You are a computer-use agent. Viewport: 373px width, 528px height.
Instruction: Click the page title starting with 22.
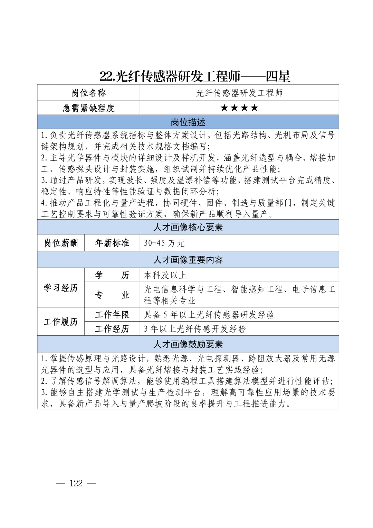(195, 76)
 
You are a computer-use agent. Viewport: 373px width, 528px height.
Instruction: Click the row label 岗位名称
(88, 93)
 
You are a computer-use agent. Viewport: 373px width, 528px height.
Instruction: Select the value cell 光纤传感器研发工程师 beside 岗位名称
(239, 93)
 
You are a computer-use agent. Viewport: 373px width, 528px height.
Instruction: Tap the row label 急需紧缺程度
(88, 108)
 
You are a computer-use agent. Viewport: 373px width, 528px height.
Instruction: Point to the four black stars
(239, 108)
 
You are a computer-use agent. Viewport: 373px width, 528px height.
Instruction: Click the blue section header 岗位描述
(188, 122)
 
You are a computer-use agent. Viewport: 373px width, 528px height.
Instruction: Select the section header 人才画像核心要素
(188, 228)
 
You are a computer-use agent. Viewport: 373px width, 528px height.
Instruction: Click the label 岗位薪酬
(61, 243)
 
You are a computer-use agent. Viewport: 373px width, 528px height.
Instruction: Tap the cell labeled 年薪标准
(112, 243)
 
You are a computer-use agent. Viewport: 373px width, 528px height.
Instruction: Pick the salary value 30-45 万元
(164, 243)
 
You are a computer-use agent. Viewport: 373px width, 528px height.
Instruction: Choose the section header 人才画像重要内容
(188, 260)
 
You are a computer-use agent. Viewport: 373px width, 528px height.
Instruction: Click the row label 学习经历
(61, 288)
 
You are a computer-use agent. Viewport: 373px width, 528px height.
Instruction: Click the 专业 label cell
(112, 295)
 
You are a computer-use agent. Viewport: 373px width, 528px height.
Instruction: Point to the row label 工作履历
(61, 322)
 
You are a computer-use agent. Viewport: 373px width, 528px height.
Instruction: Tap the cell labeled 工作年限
(112, 315)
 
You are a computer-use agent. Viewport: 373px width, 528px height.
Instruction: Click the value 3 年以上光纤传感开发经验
(195, 329)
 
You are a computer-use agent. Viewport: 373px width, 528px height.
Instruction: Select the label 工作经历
(112, 329)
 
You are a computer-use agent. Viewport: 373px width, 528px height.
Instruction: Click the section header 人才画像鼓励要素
(188, 344)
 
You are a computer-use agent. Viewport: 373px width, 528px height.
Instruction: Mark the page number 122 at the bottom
(76, 483)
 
